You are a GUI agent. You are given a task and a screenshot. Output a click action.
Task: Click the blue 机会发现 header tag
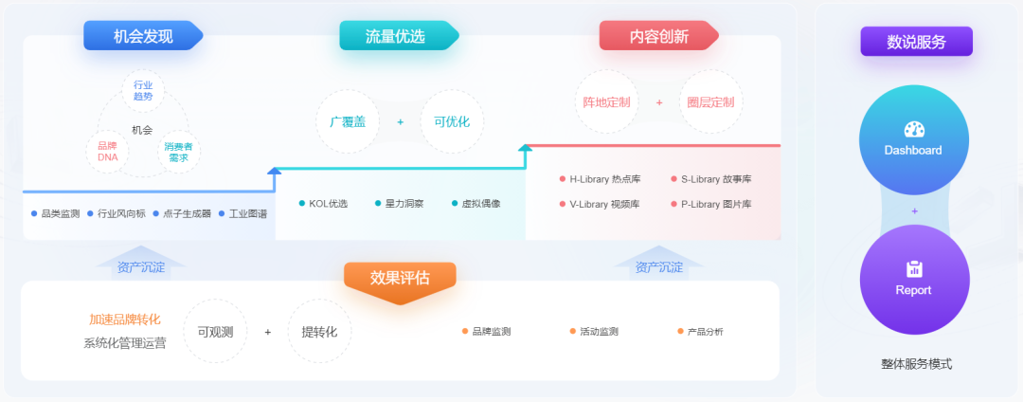142,36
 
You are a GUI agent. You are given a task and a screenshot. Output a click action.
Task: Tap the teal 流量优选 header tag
396,36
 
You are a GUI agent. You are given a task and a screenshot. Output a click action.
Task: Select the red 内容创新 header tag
658,36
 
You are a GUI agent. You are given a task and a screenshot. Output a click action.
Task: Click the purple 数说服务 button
916,42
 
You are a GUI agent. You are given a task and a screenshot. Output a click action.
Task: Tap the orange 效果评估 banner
400,279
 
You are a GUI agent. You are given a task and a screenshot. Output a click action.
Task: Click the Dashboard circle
913,140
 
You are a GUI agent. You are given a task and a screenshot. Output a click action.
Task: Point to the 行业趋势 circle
143,91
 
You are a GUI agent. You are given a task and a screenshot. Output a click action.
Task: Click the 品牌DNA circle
107,152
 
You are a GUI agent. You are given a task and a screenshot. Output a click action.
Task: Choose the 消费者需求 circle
178,152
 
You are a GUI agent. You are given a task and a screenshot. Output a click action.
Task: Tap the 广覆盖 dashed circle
348,121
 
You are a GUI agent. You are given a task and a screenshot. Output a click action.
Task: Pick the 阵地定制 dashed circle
607,101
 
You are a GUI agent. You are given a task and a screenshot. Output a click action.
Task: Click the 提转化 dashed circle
319,331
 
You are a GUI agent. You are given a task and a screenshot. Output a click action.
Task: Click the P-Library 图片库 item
710,204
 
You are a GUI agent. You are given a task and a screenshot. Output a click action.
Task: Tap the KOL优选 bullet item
323,204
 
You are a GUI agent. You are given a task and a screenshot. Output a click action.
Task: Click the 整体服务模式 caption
915,364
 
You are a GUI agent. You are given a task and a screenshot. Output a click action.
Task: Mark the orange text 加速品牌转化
125,320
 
